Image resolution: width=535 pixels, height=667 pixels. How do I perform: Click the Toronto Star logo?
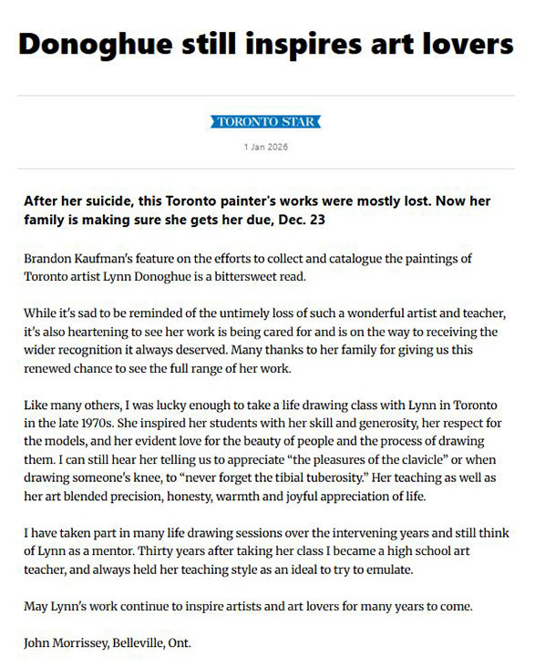[267, 121]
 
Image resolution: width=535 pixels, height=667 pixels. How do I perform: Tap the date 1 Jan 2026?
[267, 146]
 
